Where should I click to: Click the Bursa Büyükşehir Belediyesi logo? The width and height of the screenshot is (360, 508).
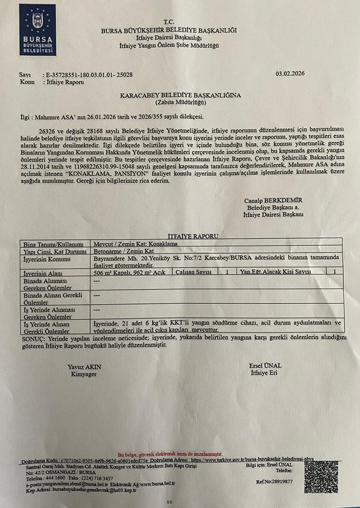38,29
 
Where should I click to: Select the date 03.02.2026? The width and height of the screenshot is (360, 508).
290,73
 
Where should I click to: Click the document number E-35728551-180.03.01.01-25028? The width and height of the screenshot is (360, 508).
89,74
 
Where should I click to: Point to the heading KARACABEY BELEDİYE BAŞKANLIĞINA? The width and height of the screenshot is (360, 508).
180,95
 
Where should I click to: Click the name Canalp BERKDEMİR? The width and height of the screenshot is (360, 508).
273,201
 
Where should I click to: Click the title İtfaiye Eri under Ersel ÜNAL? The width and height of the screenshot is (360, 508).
264,373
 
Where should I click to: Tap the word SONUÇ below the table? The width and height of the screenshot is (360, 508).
32,337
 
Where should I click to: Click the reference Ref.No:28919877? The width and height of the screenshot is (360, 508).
275,482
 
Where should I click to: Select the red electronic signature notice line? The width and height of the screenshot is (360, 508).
170,454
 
